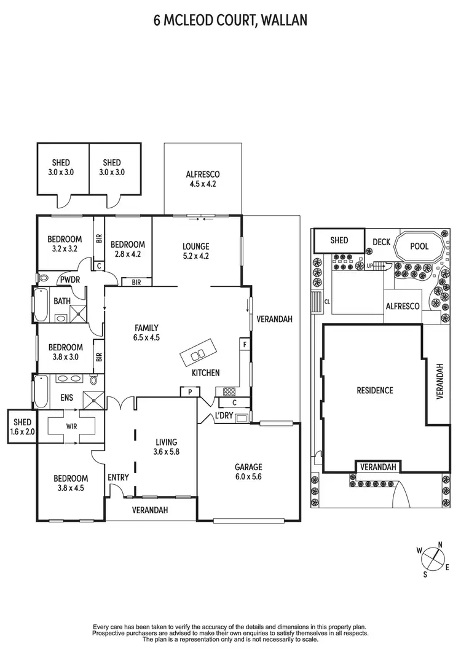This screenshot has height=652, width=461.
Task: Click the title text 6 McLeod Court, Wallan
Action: [x=230, y=21]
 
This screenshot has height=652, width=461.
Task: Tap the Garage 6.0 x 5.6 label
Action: [x=248, y=471]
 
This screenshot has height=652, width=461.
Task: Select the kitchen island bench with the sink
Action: [x=198, y=355]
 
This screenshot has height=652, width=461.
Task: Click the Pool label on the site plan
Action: [x=419, y=246]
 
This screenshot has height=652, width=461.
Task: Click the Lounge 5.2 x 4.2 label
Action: [x=196, y=251]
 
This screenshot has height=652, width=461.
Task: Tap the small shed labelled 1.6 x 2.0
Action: [x=22, y=426]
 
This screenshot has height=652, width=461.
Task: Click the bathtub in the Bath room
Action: [x=41, y=306]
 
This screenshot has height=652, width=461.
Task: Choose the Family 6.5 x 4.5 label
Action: [x=147, y=332]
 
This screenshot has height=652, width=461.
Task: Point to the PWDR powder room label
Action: [x=67, y=280]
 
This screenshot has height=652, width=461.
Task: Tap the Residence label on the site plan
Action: [x=374, y=390]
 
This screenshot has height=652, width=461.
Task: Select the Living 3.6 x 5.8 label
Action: [x=166, y=446]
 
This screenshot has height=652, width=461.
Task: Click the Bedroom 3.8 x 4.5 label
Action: [x=70, y=483]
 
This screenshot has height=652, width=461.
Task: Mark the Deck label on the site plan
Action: [x=381, y=242]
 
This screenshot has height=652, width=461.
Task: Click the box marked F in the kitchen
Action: [x=245, y=344]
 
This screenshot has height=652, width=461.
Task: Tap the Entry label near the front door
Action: [x=118, y=477]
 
